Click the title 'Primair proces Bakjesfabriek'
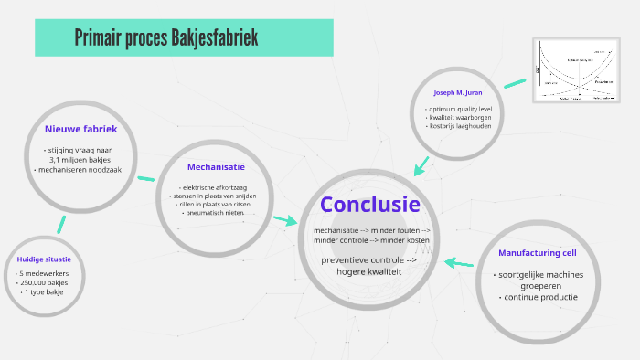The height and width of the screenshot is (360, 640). (167, 37)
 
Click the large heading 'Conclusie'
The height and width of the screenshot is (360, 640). (370, 205)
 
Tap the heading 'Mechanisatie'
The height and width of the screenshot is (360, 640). (216, 167)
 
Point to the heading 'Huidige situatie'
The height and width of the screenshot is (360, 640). (44, 259)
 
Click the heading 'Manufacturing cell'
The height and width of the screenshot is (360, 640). (536, 252)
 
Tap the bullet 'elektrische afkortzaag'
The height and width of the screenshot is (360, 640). (216, 187)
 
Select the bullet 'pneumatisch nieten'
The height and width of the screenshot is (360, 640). (216, 213)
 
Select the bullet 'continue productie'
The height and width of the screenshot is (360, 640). (538, 297)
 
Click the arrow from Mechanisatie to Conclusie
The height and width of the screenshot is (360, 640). (285, 220)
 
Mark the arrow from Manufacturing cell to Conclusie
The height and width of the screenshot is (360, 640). (459, 263)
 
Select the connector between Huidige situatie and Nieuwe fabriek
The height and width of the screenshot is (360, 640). (60, 225)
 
